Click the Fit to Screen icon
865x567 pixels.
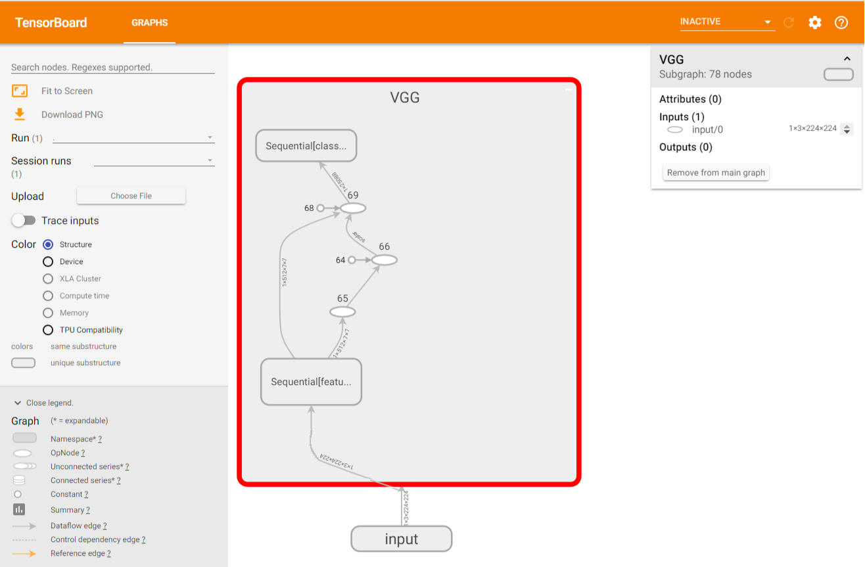coord(20,91)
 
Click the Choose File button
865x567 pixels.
coord(131,196)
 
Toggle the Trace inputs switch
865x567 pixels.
coord(24,221)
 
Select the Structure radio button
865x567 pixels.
coord(48,244)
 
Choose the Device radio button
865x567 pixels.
coord(48,261)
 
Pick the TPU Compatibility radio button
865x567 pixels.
coord(48,330)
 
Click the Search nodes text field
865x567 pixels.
coord(113,67)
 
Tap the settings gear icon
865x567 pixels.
coord(815,22)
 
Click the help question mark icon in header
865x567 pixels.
coord(841,22)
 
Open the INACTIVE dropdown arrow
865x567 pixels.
coord(767,22)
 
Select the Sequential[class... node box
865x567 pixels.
coord(306,146)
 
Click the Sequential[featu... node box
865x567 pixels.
coord(312,382)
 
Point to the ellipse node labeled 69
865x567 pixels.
coord(353,208)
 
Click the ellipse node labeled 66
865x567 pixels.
coord(385,260)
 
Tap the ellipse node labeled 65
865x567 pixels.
coord(342,312)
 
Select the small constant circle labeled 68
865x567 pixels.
coord(321,208)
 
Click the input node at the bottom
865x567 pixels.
coord(402,539)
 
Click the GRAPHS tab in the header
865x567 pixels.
coord(150,22)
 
